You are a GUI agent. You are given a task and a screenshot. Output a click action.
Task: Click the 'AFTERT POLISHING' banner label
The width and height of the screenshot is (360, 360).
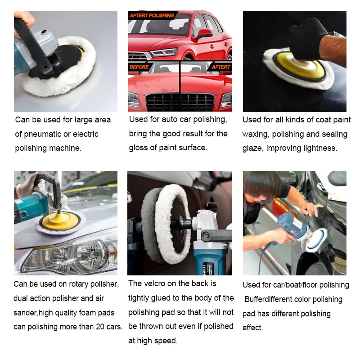point(152,15)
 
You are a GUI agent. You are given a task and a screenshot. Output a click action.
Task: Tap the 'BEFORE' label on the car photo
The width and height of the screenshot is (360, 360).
point(139,67)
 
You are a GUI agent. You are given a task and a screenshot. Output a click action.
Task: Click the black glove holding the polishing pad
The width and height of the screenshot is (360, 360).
point(307,39)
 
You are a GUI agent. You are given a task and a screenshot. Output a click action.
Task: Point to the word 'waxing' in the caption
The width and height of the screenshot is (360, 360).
point(256,135)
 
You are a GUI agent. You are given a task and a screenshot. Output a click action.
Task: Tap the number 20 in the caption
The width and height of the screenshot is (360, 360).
point(100,327)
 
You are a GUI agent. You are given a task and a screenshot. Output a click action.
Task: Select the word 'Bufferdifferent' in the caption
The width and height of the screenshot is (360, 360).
point(268,299)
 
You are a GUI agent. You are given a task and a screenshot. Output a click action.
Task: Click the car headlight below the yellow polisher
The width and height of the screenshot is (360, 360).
point(69,256)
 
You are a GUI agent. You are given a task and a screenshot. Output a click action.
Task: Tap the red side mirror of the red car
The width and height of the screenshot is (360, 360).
point(203,34)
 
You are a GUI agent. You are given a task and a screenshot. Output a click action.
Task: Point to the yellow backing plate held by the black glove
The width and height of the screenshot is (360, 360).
point(299,66)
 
